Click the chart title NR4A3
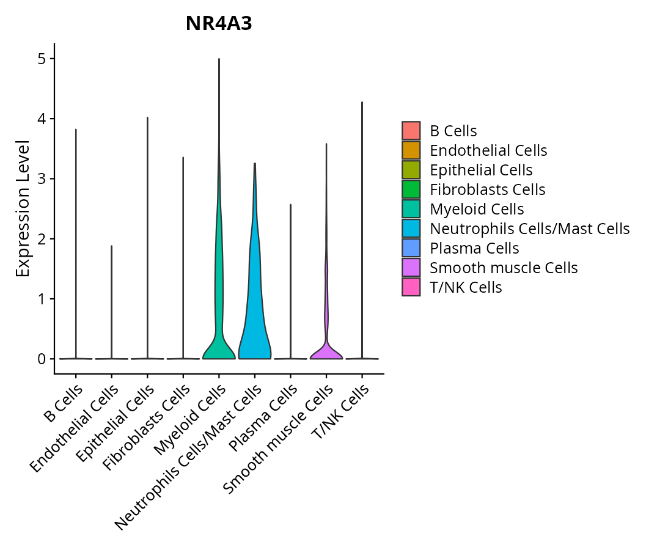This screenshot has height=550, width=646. coord(219,24)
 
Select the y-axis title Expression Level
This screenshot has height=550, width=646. coord(23,208)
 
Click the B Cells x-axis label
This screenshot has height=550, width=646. coord(64,403)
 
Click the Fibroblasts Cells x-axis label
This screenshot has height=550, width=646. coord(147,425)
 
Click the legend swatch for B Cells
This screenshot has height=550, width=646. coord(411,131)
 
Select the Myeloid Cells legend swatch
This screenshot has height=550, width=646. coord(411,209)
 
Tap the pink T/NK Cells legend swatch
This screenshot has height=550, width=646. coord(411,287)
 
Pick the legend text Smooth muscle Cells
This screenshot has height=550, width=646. coord(504,268)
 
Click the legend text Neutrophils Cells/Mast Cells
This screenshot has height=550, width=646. coord(529,229)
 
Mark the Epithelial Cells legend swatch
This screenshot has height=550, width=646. coord(411,170)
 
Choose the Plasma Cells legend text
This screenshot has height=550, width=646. coord(474,248)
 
